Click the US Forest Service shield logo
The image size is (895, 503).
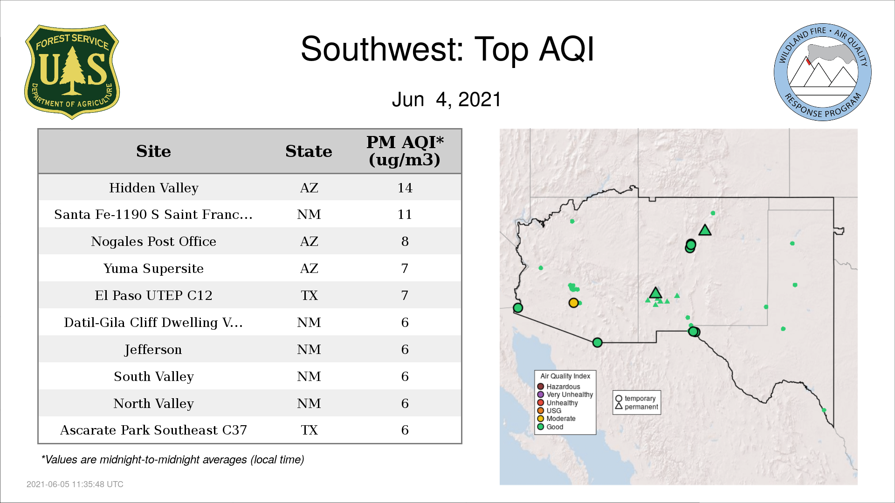pyautogui.click(x=72, y=72)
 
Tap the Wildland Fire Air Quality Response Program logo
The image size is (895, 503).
pyautogui.click(x=822, y=72)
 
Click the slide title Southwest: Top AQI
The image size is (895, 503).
pyautogui.click(x=447, y=49)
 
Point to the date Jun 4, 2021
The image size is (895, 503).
pyautogui.click(x=447, y=100)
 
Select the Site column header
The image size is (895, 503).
pyautogui.click(x=153, y=151)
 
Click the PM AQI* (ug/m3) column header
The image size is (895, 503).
pyautogui.click(x=405, y=151)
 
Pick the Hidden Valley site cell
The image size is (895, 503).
pyautogui.click(x=153, y=188)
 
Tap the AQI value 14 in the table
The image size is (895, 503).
pyautogui.click(x=405, y=188)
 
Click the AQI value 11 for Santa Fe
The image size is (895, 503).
pyautogui.click(x=405, y=215)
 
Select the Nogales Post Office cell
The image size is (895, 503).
pyautogui.click(x=153, y=242)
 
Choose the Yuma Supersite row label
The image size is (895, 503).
pyautogui.click(x=153, y=269)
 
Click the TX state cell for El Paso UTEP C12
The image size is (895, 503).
pyautogui.click(x=309, y=296)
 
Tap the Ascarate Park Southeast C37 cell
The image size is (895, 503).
pyautogui.click(x=153, y=430)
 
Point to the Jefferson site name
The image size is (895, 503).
pyautogui.click(x=153, y=350)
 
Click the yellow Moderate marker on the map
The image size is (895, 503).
pyautogui.click(x=574, y=303)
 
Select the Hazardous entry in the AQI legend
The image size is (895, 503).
pyautogui.click(x=559, y=387)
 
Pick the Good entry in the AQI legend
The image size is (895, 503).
pyautogui.click(x=551, y=427)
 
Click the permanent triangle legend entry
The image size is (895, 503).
pyautogui.click(x=637, y=407)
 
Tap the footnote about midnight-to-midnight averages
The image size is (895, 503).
pyautogui.click(x=172, y=460)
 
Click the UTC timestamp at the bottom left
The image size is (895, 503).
pyautogui.click(x=75, y=484)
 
